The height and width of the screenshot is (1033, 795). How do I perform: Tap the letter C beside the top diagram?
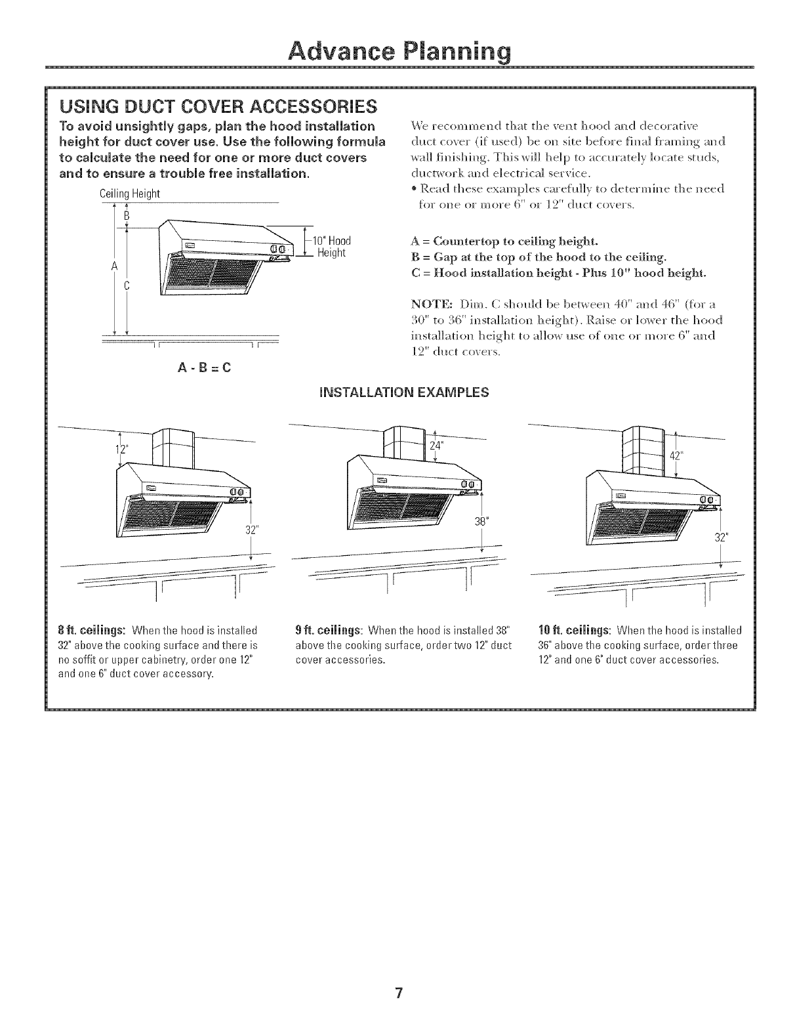(x=127, y=285)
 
